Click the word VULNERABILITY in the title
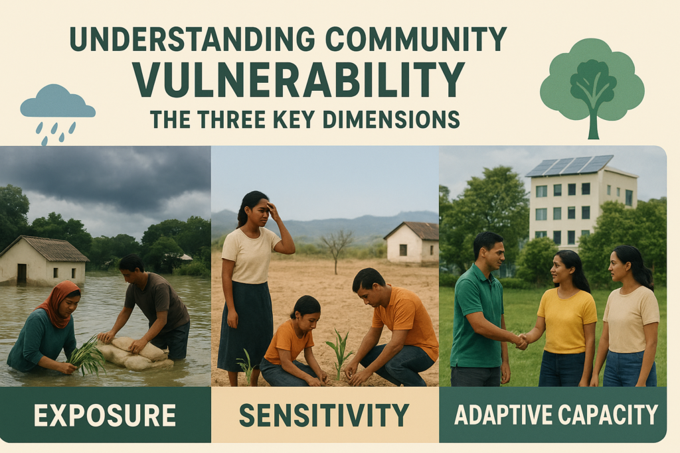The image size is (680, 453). coord(298,79)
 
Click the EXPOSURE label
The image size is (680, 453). coord(105,415)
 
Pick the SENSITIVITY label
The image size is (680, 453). coord(324,415)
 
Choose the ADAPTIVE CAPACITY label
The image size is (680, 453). coord(556,415)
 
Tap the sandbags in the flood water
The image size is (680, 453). coord(137,351)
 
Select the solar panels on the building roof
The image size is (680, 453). coord(569,165)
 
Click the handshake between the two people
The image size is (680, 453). coord(521,341)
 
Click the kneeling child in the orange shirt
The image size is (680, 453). coord(292,345)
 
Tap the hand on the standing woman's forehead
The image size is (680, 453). coord(272,210)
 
